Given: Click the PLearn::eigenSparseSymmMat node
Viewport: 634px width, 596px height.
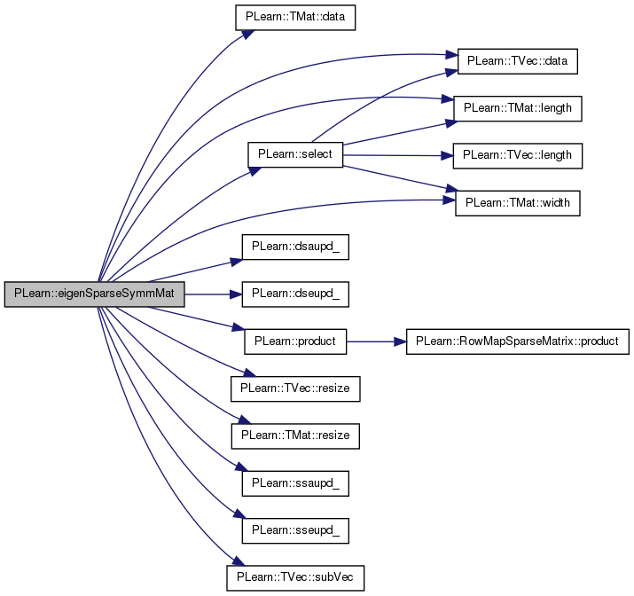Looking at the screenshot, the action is [95, 294].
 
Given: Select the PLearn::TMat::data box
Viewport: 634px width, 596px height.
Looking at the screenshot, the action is [295, 18].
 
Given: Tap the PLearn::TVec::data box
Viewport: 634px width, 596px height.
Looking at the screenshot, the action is [517, 61].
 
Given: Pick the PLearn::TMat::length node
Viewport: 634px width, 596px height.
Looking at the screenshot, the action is [518, 108].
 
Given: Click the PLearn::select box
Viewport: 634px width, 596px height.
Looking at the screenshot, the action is [295, 154].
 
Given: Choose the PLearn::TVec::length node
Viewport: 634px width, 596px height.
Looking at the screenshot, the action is [518, 156].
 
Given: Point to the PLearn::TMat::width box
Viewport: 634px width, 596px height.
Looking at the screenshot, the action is [518, 203].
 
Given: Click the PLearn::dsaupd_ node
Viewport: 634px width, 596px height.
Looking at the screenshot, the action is [295, 247].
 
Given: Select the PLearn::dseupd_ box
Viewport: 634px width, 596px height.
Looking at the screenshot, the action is [295, 294].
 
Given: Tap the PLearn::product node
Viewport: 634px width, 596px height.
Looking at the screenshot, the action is [295, 341].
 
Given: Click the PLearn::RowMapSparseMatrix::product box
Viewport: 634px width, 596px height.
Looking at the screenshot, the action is [518, 341].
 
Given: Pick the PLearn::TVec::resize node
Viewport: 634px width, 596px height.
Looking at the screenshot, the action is [295, 388].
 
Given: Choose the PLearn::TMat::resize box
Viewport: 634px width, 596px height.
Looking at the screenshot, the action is [295, 435].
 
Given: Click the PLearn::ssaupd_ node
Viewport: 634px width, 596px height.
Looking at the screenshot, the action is [295, 483].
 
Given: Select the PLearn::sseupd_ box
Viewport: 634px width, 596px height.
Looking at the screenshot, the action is [295, 530].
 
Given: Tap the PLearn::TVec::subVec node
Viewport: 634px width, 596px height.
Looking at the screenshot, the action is [295, 577].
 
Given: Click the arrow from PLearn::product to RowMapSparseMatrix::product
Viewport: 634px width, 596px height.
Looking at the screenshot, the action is [377, 341].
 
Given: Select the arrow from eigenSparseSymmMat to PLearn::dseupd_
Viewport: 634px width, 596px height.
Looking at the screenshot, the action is [214, 294].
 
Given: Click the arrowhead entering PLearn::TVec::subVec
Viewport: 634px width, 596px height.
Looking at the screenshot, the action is [239, 561].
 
